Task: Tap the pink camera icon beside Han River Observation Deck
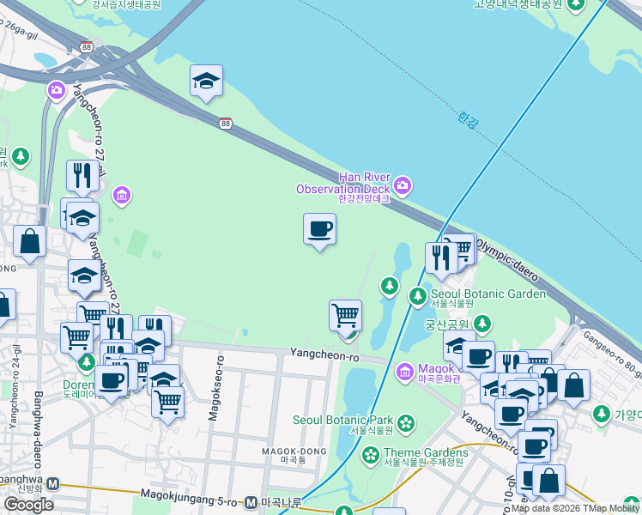click(x=403, y=185)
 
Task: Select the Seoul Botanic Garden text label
click(x=488, y=294)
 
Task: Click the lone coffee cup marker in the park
click(x=319, y=229)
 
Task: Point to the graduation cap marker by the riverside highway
click(x=206, y=81)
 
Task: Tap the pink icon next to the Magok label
click(x=405, y=372)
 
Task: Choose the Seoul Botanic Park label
click(x=343, y=420)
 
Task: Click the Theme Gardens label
click(x=426, y=452)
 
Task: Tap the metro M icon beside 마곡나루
click(x=251, y=502)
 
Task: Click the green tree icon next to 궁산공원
click(x=482, y=324)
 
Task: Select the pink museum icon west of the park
click(x=122, y=195)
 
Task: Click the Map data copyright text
click(x=574, y=508)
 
